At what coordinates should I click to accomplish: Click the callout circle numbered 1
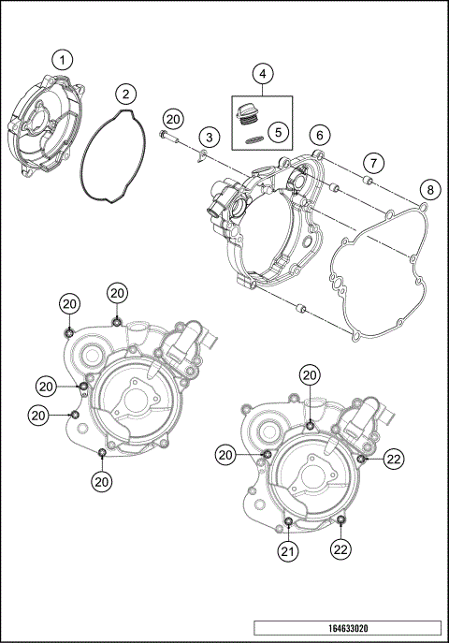pyautogui.click(x=62, y=60)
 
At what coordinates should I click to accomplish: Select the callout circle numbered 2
pyautogui.click(x=125, y=94)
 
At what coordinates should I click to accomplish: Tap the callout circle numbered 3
pyautogui.click(x=210, y=138)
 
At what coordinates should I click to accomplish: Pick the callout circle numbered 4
pyautogui.click(x=263, y=73)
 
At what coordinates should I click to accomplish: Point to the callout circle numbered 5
pyautogui.click(x=278, y=132)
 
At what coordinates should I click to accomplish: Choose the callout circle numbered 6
pyautogui.click(x=319, y=135)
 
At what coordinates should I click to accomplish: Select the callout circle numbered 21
pyautogui.click(x=288, y=552)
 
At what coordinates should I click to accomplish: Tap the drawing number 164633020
pyautogui.click(x=346, y=629)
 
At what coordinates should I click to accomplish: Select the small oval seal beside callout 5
pyautogui.click(x=253, y=139)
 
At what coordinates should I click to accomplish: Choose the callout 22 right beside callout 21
pyautogui.click(x=340, y=552)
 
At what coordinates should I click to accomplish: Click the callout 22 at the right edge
pyautogui.click(x=394, y=458)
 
